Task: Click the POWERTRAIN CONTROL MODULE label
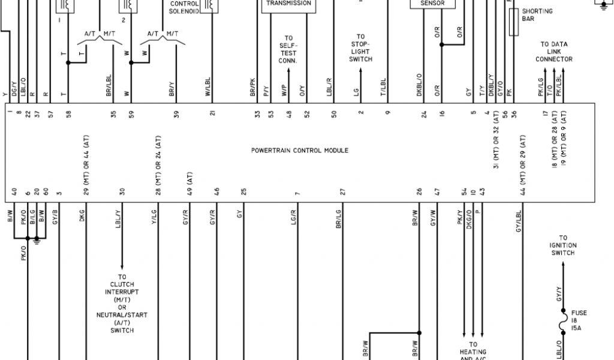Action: (299, 150)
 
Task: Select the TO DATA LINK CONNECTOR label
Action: (553, 52)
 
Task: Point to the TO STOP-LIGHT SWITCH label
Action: (360, 48)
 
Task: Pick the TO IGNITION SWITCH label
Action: (563, 245)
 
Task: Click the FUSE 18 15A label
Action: (579, 320)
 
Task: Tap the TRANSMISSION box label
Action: (288, 3)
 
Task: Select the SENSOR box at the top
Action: (436, 3)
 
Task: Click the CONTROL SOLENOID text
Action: (184, 7)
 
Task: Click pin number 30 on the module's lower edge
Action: (122, 192)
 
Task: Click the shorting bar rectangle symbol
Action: (513, 25)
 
